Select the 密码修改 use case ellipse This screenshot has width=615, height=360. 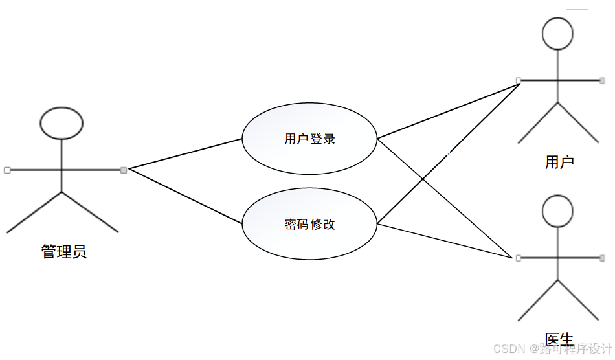pyautogui.click(x=309, y=225)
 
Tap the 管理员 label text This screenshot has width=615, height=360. pyautogui.click(x=64, y=251)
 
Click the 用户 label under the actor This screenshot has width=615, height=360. pyautogui.click(x=559, y=162)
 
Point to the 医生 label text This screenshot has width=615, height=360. pyautogui.click(x=559, y=339)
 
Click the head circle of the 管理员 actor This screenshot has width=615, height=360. pyautogui.click(x=61, y=123)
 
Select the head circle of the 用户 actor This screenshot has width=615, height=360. pyautogui.click(x=558, y=34)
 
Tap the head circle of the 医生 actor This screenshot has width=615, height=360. pyautogui.click(x=558, y=211)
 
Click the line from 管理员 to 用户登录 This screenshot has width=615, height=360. pyautogui.click(x=186, y=153)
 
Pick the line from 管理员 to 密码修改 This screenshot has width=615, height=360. pyautogui.click(x=186, y=196)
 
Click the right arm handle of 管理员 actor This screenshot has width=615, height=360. pyautogui.click(x=124, y=170)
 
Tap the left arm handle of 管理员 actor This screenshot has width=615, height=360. pyautogui.click(x=7, y=170)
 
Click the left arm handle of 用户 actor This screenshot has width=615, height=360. pyautogui.click(x=519, y=80)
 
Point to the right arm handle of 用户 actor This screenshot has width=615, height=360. pyautogui.click(x=602, y=80)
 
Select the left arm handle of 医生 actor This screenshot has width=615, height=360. pyautogui.click(x=519, y=258)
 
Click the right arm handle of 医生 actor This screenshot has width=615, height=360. pyautogui.click(x=602, y=258)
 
